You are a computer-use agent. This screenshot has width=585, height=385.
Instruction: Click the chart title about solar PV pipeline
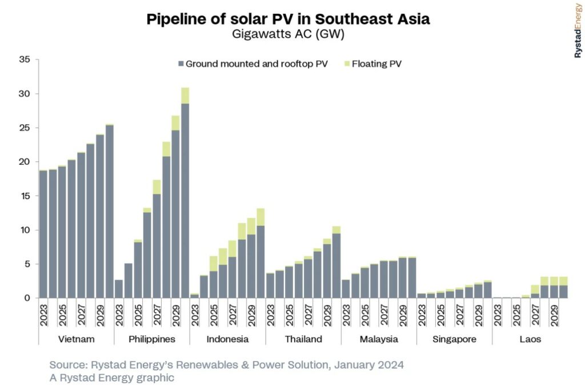(x=288, y=19)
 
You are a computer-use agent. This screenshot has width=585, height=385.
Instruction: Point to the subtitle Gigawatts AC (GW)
(x=288, y=34)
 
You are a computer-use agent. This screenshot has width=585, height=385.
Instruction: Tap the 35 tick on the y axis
(x=25, y=59)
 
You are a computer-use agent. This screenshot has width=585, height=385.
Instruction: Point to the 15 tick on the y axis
(x=25, y=196)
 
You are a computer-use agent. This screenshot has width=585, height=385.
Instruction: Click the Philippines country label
(x=152, y=339)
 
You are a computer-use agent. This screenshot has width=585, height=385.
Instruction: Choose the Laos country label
(x=530, y=339)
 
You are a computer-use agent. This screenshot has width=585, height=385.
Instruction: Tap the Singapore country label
(x=455, y=339)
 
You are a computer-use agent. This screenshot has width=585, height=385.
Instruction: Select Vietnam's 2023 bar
(x=43, y=235)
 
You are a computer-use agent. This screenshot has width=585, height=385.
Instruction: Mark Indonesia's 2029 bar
(x=251, y=266)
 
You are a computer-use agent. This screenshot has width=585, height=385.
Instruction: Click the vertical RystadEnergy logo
(x=577, y=31)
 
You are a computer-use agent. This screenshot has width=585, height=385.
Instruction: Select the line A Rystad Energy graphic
(x=112, y=378)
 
